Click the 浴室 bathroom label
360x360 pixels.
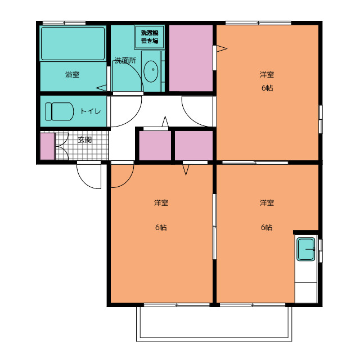[73, 74]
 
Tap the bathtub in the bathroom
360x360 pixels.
[73, 44]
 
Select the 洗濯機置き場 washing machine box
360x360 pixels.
[150, 37]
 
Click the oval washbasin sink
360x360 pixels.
[151, 71]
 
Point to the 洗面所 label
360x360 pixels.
[125, 61]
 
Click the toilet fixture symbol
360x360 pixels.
[60, 111]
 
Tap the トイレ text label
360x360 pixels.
[91, 111]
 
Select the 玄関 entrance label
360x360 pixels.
[85, 139]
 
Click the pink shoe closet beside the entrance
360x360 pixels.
[47, 146]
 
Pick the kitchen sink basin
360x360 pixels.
[306, 249]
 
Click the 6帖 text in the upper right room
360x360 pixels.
[267, 88]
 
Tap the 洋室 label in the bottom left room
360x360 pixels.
[161, 202]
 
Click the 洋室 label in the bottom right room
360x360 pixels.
[267, 202]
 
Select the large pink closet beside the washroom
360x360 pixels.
[191, 58]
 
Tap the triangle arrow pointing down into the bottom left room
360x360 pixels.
[186, 170]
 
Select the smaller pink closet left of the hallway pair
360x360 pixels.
[155, 146]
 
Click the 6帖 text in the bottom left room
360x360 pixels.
[161, 227]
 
